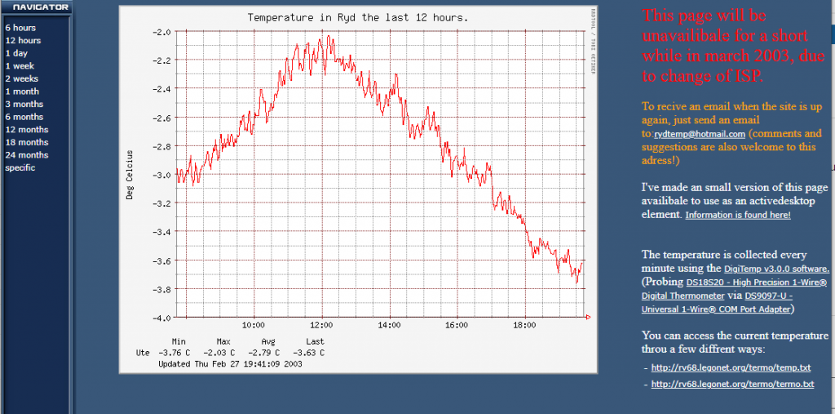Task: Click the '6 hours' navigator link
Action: coord(20,28)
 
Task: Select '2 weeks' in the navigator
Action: coord(22,78)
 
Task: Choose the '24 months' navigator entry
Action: coord(26,155)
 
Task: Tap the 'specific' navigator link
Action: coord(20,168)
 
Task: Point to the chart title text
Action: coord(358,17)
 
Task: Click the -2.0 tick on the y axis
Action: coord(161,32)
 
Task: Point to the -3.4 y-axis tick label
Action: coord(161,232)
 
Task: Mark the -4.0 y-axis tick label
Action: coord(161,318)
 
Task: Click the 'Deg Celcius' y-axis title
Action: coord(129,175)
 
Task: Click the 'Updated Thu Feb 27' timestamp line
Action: coord(230,363)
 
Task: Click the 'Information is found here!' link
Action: coord(737,216)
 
